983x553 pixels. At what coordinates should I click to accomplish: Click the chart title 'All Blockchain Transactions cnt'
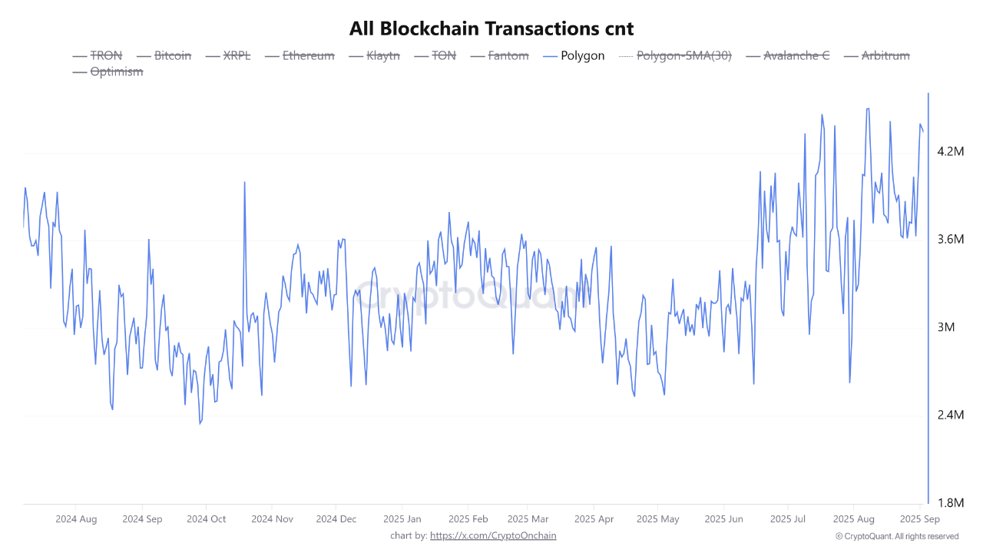pos(491,28)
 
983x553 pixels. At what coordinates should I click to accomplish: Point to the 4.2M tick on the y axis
pos(950,151)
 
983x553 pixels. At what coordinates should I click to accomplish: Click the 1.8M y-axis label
pos(950,503)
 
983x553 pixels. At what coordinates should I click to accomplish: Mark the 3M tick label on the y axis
pos(945,327)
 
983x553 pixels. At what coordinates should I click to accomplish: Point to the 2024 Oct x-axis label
pos(207,519)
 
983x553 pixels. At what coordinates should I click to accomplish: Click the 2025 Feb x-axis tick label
pos(468,519)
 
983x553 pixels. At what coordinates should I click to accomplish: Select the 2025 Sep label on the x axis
pos(920,519)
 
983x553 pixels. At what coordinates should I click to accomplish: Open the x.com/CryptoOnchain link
pos(493,535)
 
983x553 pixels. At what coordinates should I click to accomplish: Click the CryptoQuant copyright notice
pos(897,536)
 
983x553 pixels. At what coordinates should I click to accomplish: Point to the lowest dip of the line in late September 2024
pos(200,423)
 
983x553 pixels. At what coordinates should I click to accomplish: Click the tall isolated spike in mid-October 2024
pos(244,182)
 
